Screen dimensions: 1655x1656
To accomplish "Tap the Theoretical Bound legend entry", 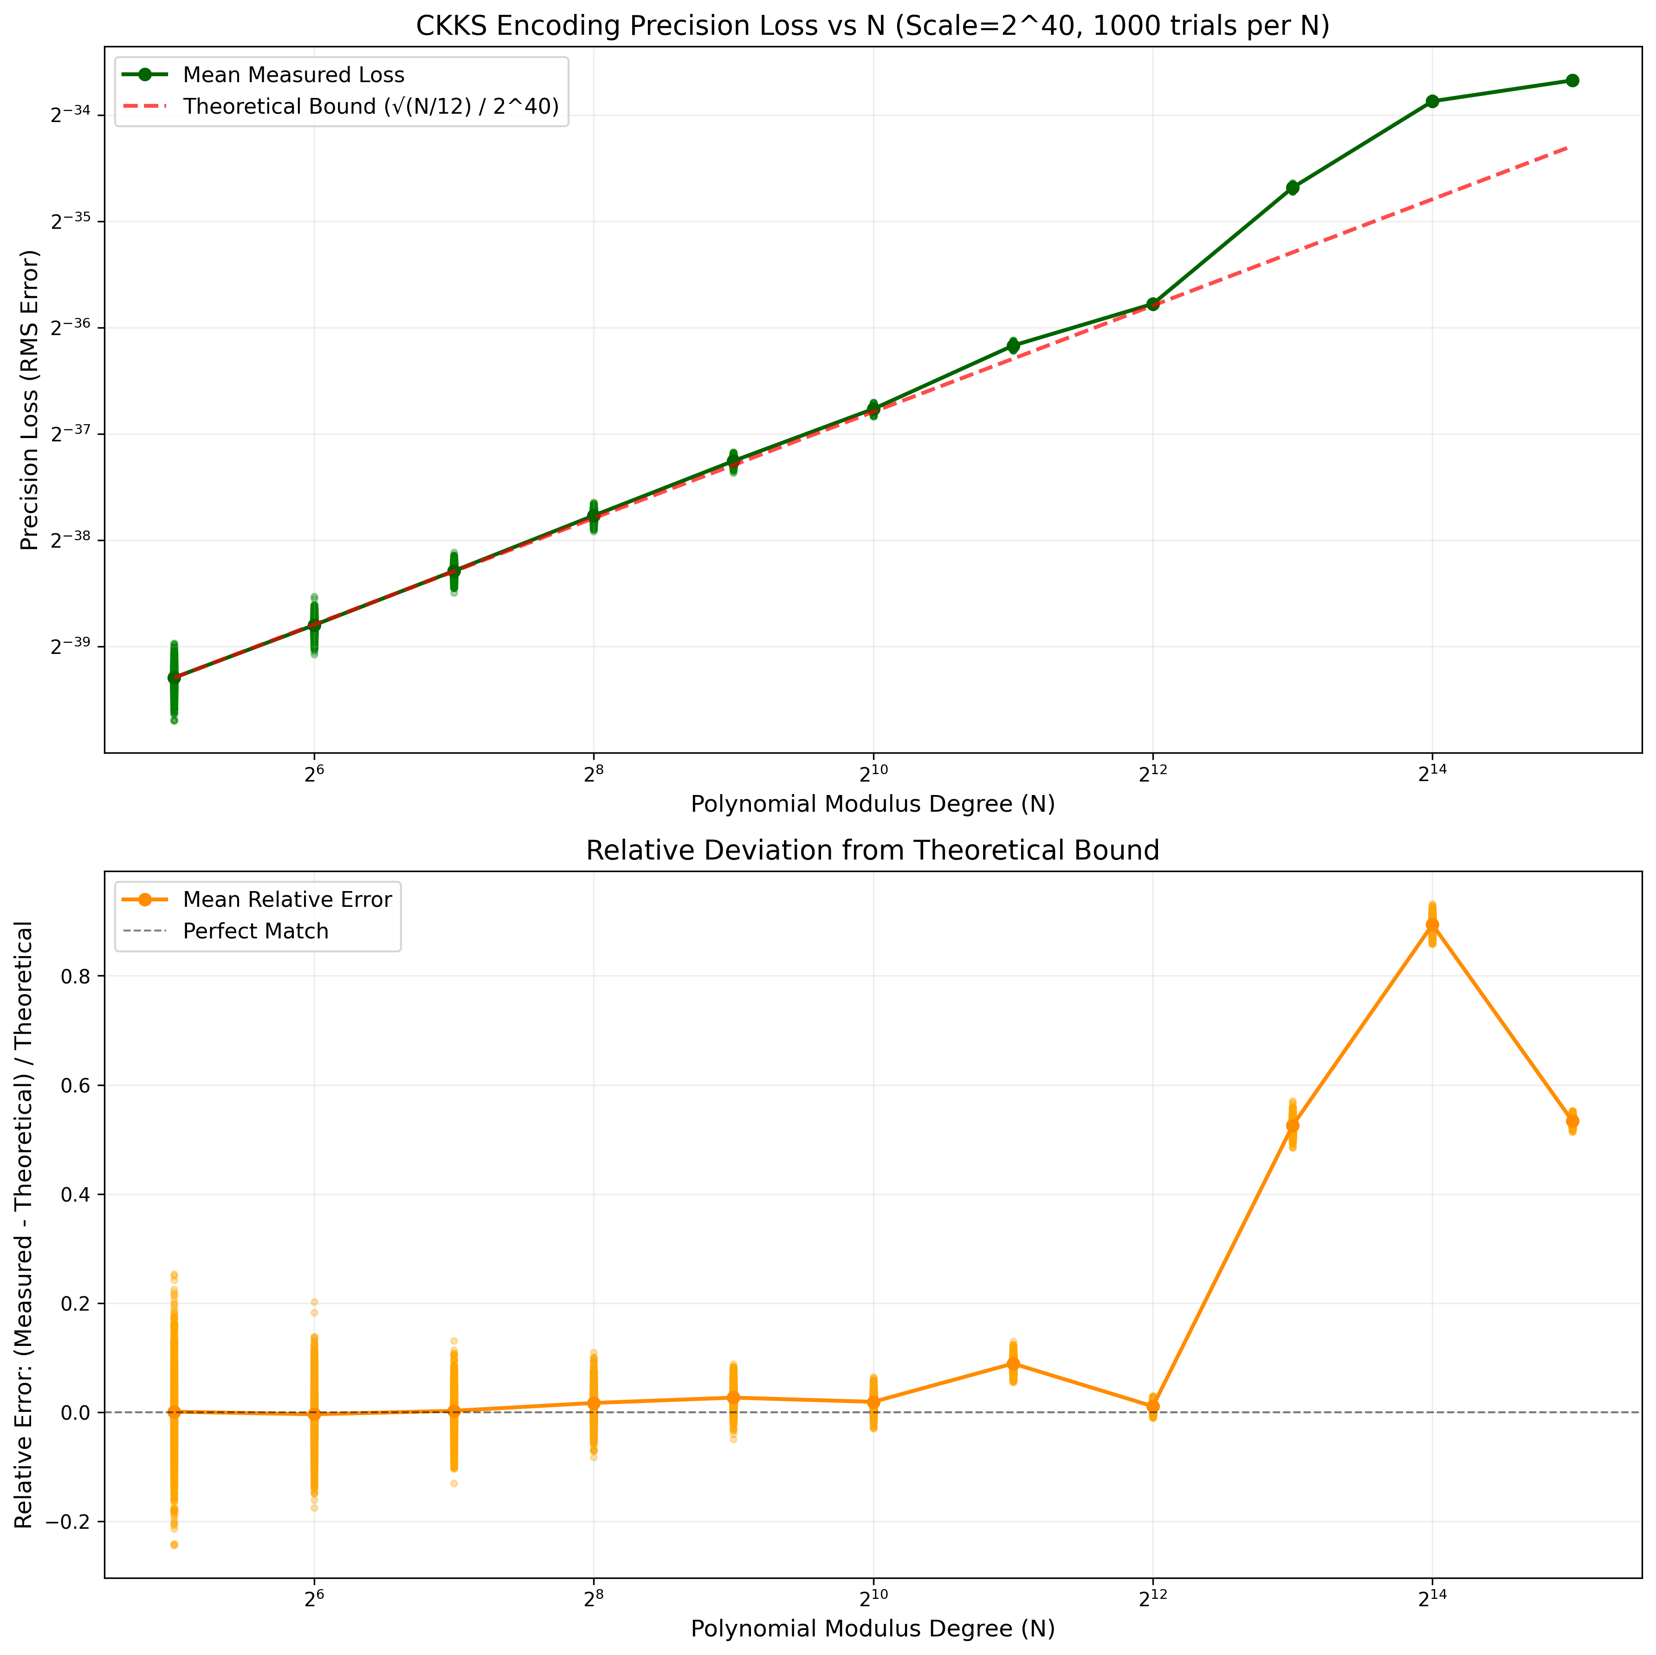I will click(x=370, y=106).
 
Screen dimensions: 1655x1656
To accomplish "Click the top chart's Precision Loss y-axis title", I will click(x=30, y=400).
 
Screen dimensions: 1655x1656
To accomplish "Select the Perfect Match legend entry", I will click(x=255, y=931).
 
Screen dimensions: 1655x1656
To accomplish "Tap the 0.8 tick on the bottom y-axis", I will click(x=77, y=976).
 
